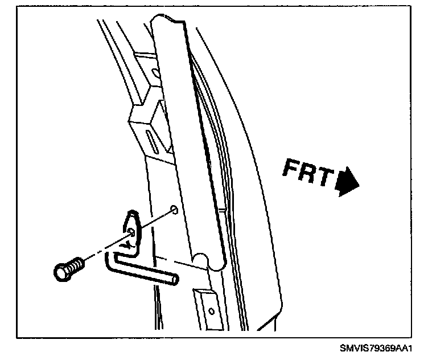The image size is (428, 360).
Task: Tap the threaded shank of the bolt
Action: tap(75, 264)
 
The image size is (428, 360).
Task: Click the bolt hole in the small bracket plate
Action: tap(131, 231)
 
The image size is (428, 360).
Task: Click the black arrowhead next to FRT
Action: tap(348, 182)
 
